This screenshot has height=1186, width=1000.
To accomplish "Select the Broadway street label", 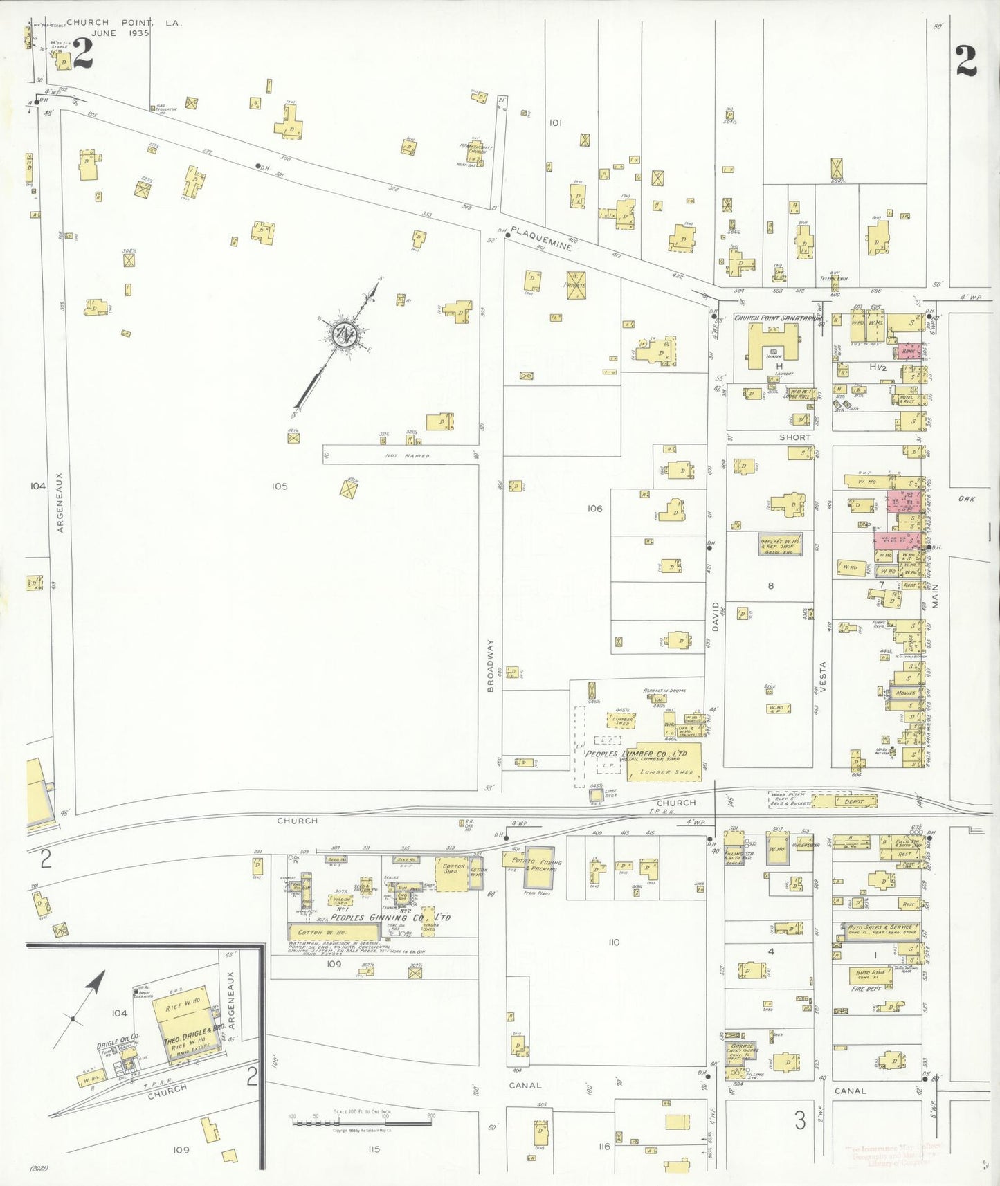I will tap(491, 665).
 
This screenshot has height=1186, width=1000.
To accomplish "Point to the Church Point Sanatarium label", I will tap(778, 318).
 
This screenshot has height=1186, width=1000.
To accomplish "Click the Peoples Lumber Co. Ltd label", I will tap(636, 754).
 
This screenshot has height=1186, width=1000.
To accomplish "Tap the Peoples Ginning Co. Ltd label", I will tap(390, 918).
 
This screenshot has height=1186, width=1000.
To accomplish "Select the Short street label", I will tap(794, 437).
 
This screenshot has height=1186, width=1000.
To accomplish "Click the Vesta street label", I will tap(823, 678).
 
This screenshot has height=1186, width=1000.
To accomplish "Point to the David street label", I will tap(716, 616).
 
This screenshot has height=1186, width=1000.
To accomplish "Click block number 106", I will tap(594, 509).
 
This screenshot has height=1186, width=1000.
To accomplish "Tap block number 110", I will tap(613, 942).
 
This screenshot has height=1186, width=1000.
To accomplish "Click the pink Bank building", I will tap(908, 351).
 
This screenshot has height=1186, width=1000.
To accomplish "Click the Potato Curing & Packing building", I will tap(539, 866).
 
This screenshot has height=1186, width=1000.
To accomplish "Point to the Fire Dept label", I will tap(866, 989).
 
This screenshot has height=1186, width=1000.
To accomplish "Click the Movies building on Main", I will tap(906, 693).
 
